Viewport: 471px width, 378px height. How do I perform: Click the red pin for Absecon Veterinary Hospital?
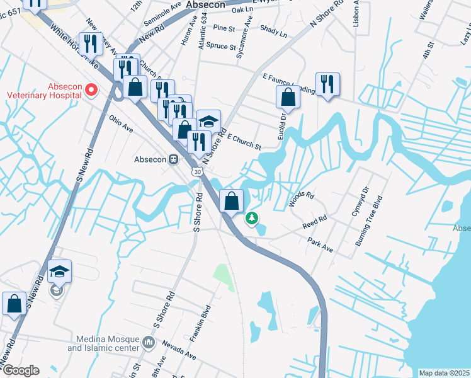(91, 90)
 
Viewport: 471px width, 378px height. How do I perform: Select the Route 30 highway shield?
(198, 171)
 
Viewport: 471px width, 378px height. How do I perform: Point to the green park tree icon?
(252, 219)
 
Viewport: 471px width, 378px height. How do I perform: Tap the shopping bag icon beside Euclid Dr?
(288, 97)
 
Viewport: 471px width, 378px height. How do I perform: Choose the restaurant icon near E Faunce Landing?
(327, 84)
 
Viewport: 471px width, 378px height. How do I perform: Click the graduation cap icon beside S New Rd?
(59, 272)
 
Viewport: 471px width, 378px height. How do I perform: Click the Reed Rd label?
(314, 222)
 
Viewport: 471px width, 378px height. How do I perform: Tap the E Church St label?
(244, 142)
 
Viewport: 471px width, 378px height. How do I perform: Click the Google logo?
(20, 370)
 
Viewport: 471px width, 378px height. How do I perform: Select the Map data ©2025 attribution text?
(443, 373)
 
